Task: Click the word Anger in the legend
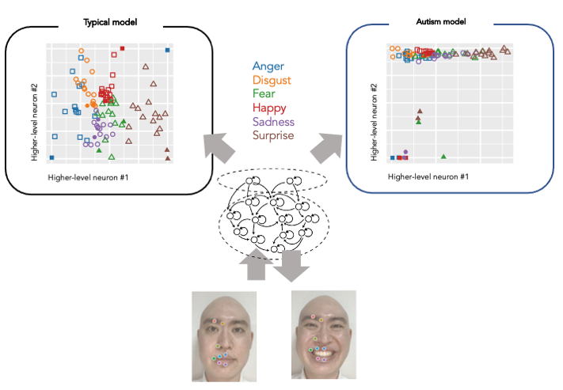click(268, 67)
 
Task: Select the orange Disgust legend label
click(272, 81)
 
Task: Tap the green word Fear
click(264, 94)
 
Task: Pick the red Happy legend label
click(270, 108)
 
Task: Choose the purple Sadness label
click(273, 122)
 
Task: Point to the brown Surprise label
click(273, 135)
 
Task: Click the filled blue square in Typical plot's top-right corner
click(168, 50)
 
